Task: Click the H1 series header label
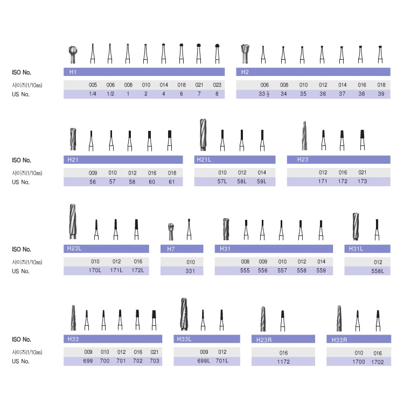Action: click(73, 72)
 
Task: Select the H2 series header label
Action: click(245, 72)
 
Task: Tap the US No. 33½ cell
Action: click(264, 94)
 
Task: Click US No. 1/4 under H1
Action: click(93, 94)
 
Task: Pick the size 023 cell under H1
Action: click(217, 85)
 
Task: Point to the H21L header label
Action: click(204, 159)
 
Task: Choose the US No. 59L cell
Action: click(261, 182)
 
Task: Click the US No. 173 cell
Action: click(363, 181)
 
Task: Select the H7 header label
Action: click(171, 249)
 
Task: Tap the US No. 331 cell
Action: click(190, 271)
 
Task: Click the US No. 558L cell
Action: click(378, 271)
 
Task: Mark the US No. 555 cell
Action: click(245, 270)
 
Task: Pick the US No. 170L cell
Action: click(95, 270)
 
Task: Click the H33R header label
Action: click(339, 340)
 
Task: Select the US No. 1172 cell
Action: click(283, 362)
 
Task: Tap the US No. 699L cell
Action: click(204, 361)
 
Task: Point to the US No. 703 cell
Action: click(155, 361)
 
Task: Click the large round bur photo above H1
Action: click(73, 54)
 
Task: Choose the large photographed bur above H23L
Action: click(73, 221)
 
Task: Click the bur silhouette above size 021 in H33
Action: click(154, 320)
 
